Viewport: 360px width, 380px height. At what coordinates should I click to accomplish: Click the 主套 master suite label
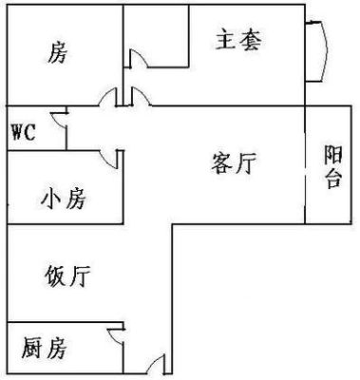(x=239, y=40)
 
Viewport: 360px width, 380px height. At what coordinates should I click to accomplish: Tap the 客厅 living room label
(x=234, y=162)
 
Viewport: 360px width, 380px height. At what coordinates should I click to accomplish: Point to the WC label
(x=23, y=132)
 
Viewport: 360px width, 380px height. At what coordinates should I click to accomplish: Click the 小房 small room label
(x=64, y=198)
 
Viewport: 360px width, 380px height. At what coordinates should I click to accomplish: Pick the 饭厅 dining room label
(x=67, y=275)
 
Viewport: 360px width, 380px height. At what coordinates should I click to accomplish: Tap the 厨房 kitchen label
(x=44, y=348)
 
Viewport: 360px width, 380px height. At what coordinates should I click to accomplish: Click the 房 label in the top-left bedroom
(x=58, y=52)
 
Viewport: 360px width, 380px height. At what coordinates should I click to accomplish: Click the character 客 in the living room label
(x=221, y=162)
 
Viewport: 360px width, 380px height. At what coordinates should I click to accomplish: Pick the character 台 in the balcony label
(x=333, y=179)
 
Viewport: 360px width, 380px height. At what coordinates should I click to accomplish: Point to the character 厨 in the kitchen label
(x=32, y=348)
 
